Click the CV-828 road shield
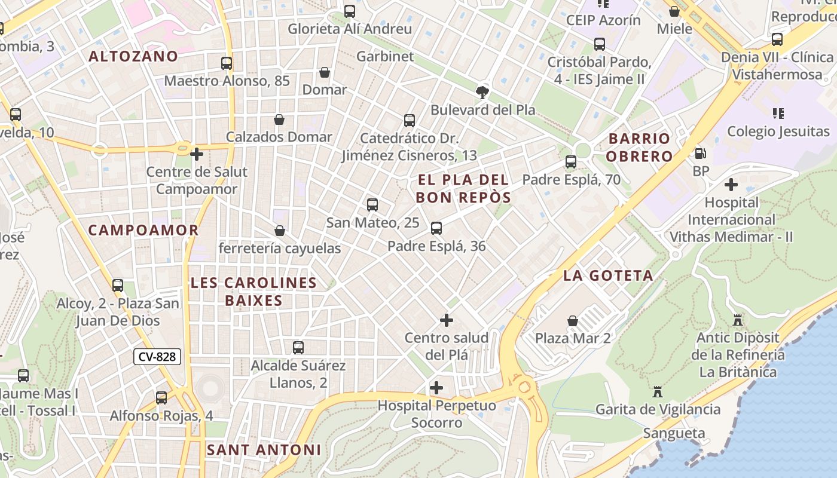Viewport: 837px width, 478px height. pyautogui.click(x=157, y=357)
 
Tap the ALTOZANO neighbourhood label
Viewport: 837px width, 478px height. pyautogui.click(x=133, y=56)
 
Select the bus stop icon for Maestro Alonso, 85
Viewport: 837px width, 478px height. pyautogui.click(x=227, y=63)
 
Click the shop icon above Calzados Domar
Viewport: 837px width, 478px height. pyautogui.click(x=279, y=119)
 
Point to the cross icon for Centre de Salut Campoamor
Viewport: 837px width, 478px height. pyautogui.click(x=197, y=154)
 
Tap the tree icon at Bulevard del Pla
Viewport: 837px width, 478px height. pyautogui.click(x=482, y=92)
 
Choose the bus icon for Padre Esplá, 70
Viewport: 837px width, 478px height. pyautogui.click(x=571, y=162)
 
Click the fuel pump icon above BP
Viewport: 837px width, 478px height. pyautogui.click(x=700, y=153)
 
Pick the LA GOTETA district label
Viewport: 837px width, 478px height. pyautogui.click(x=608, y=275)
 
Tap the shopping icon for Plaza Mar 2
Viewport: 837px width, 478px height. pyautogui.click(x=573, y=321)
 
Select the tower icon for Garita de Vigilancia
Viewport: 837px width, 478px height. pyautogui.click(x=658, y=392)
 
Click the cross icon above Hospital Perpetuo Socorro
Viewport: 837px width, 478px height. pyautogui.click(x=436, y=388)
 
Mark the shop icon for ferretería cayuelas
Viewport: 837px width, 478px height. pyautogui.click(x=279, y=231)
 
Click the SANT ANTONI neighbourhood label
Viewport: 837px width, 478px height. pyautogui.click(x=264, y=450)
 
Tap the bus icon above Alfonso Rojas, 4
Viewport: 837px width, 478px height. pyautogui.click(x=161, y=398)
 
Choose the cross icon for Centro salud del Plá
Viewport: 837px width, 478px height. pyautogui.click(x=447, y=320)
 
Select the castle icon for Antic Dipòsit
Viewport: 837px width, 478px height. pyautogui.click(x=738, y=320)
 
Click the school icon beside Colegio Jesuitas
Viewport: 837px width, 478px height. pyautogui.click(x=778, y=113)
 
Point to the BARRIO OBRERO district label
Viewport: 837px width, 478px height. pyautogui.click(x=640, y=148)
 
